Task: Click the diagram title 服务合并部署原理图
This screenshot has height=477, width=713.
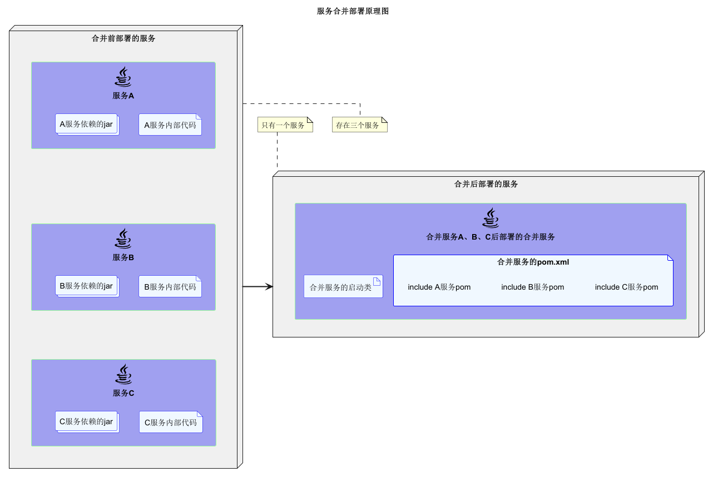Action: click(353, 11)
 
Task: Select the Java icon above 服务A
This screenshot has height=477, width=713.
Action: click(123, 77)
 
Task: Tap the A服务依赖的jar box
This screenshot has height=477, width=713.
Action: click(87, 125)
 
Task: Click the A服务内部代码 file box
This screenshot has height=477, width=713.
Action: click(170, 125)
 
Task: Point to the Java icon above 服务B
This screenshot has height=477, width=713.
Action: click(123, 238)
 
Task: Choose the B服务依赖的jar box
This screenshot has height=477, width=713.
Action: click(87, 286)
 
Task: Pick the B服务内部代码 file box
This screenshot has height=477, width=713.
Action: click(170, 287)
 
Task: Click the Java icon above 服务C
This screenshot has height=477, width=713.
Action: click(123, 374)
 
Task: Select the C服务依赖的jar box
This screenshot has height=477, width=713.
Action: click(87, 422)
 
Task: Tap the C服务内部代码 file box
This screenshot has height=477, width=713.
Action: click(170, 423)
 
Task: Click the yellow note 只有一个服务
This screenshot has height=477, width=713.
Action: click(285, 125)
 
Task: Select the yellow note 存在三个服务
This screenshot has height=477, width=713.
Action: click(359, 125)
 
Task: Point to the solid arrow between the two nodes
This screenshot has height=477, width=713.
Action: click(258, 286)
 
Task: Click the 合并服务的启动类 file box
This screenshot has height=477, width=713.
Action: click(343, 287)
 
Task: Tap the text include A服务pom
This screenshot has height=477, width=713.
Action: click(439, 287)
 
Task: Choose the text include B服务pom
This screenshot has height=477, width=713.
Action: click(533, 287)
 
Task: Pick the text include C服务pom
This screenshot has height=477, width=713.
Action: click(626, 287)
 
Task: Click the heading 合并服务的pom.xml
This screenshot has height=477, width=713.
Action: click(533, 262)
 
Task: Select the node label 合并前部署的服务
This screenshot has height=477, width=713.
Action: click(123, 38)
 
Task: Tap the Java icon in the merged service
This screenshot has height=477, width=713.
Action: click(491, 218)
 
